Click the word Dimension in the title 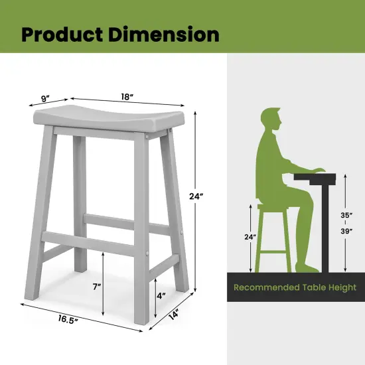click(x=167, y=34)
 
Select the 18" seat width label click(x=126, y=98)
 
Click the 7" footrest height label click(x=96, y=287)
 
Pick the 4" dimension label click(x=161, y=295)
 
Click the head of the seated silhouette click(x=270, y=120)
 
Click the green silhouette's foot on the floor click(x=309, y=267)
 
